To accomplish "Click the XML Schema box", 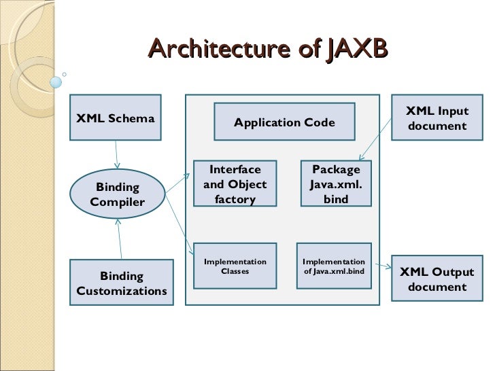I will coord(116,118).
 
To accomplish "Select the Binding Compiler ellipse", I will coord(118,194).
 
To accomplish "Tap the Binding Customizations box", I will coord(121,283).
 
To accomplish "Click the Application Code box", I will coord(284,122).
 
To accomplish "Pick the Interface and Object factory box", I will coord(235,184).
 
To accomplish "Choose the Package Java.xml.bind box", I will coord(337,184).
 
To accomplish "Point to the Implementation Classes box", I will coord(235,266).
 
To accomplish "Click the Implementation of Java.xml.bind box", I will coord(334,266).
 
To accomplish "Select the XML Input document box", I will coord(437,118).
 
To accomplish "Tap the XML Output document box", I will coord(437,279).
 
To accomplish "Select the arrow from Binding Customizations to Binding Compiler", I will coord(120,239).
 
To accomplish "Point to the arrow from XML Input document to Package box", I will coord(377,139).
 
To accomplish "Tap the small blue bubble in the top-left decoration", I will coord(56,82).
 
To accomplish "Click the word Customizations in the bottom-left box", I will coord(121,291).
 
